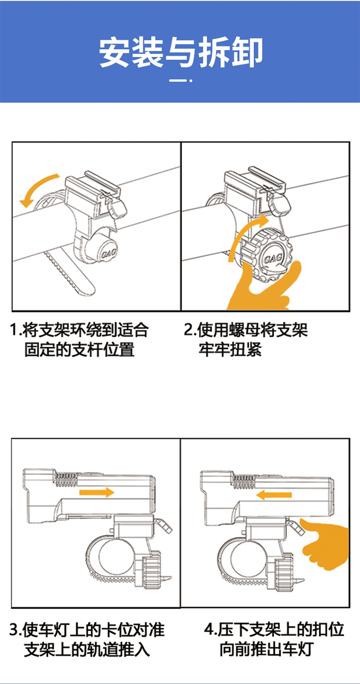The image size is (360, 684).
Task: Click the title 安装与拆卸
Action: [181, 52]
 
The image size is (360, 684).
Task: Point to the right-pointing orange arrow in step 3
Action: [96, 492]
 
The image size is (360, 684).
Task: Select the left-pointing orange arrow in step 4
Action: [274, 495]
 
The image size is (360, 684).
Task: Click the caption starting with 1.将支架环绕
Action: [79, 339]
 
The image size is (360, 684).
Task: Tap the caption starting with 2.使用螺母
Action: [246, 339]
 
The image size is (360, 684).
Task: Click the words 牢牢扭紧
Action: [230, 349]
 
